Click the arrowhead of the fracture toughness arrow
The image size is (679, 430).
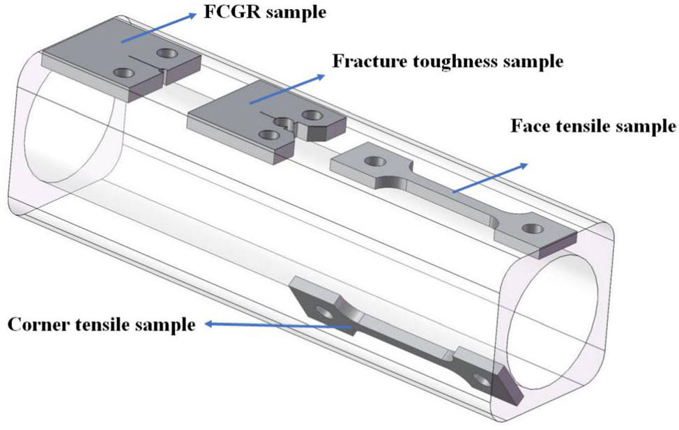326,74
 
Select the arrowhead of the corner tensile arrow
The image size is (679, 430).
210,323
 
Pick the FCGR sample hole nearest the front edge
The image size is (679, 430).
124,72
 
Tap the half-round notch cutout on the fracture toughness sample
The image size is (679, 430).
282,123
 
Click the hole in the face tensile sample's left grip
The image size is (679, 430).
376,162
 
